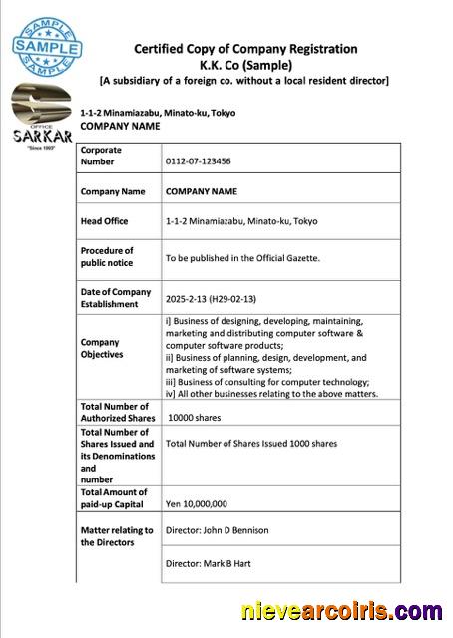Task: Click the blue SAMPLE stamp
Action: (46, 47)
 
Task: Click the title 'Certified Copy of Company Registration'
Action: (245, 49)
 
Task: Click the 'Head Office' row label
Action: (104, 221)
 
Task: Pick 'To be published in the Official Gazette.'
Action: (242, 258)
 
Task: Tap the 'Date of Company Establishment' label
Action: (116, 298)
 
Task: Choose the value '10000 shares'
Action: (195, 418)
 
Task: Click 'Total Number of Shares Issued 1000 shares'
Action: (251, 443)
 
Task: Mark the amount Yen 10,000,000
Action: (198, 504)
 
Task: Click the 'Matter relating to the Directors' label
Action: (117, 536)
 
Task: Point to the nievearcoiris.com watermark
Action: (341, 612)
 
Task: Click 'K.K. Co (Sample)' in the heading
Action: (245, 64)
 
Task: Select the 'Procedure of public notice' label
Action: (107, 257)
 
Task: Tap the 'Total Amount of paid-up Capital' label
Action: (114, 498)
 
